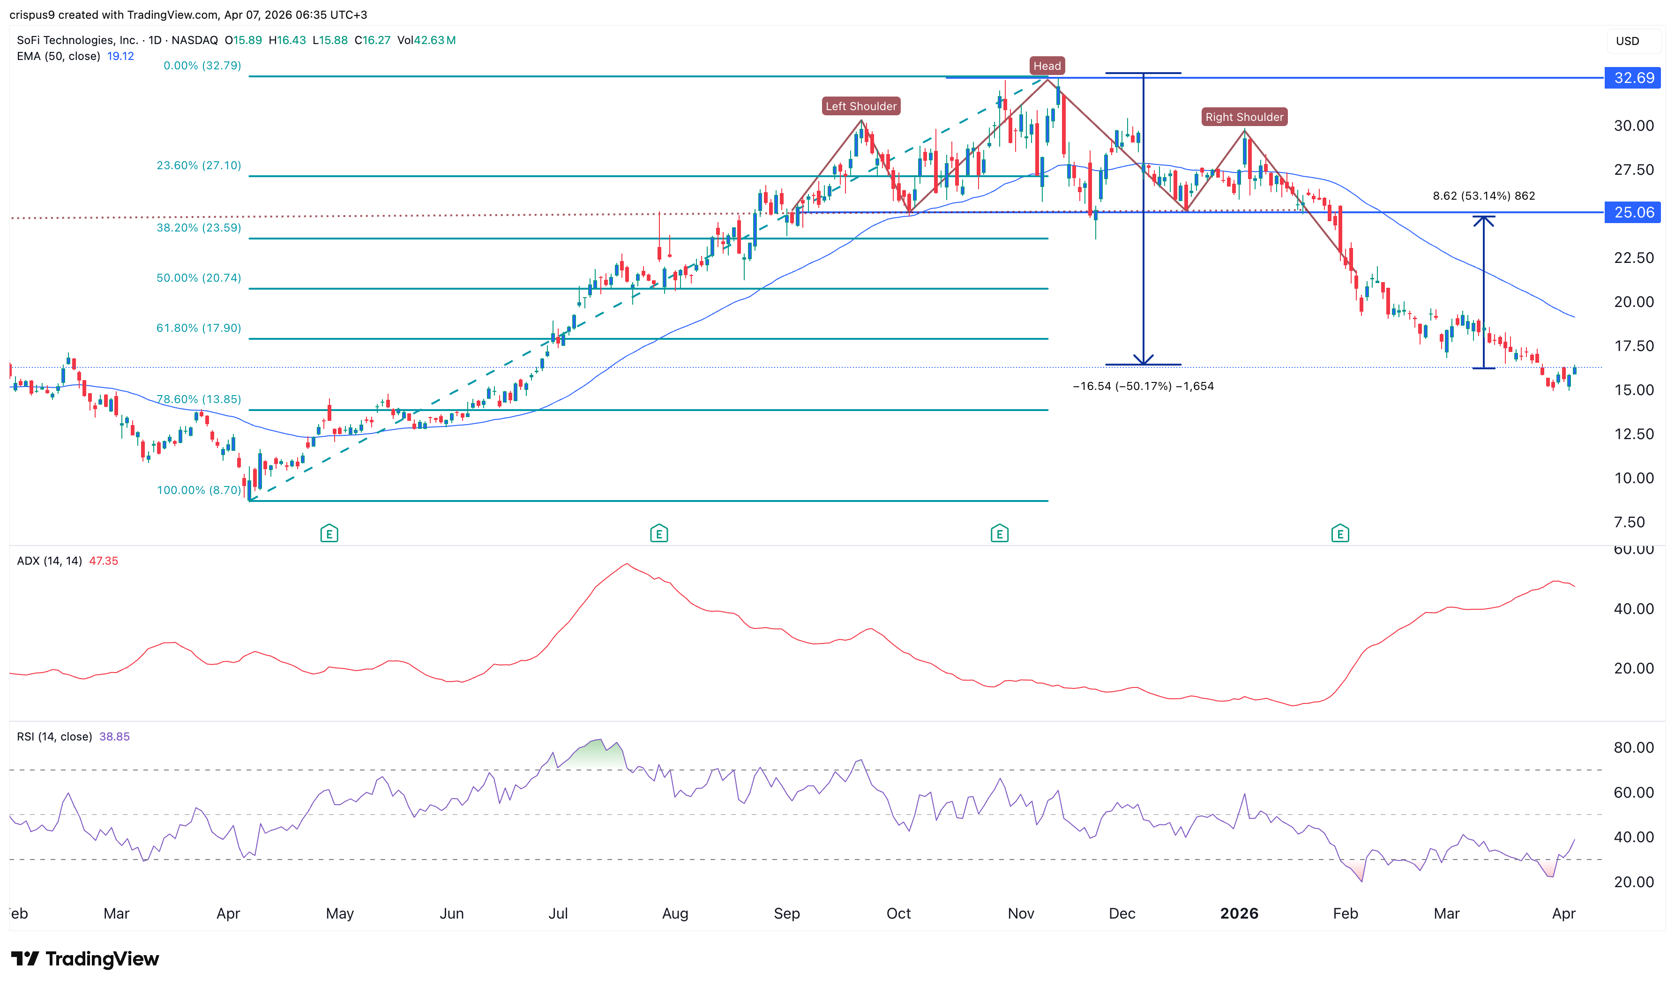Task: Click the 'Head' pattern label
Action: click(x=1047, y=66)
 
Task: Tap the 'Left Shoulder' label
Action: click(x=860, y=106)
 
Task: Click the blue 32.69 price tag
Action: click(x=1633, y=78)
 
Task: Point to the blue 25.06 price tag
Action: click(x=1633, y=212)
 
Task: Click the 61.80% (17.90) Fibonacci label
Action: click(x=198, y=328)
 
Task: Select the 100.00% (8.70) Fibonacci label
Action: click(x=198, y=490)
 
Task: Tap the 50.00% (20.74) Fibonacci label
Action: click(x=198, y=278)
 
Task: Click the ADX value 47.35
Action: click(x=103, y=561)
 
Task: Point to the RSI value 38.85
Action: click(x=114, y=736)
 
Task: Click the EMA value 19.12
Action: click(x=120, y=56)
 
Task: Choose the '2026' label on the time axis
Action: click(x=1239, y=913)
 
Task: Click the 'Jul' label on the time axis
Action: click(x=558, y=913)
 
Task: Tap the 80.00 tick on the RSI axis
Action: click(x=1633, y=748)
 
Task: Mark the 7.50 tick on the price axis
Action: click(x=1629, y=522)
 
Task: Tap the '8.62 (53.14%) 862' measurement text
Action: click(x=1483, y=195)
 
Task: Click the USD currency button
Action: click(x=1627, y=41)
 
